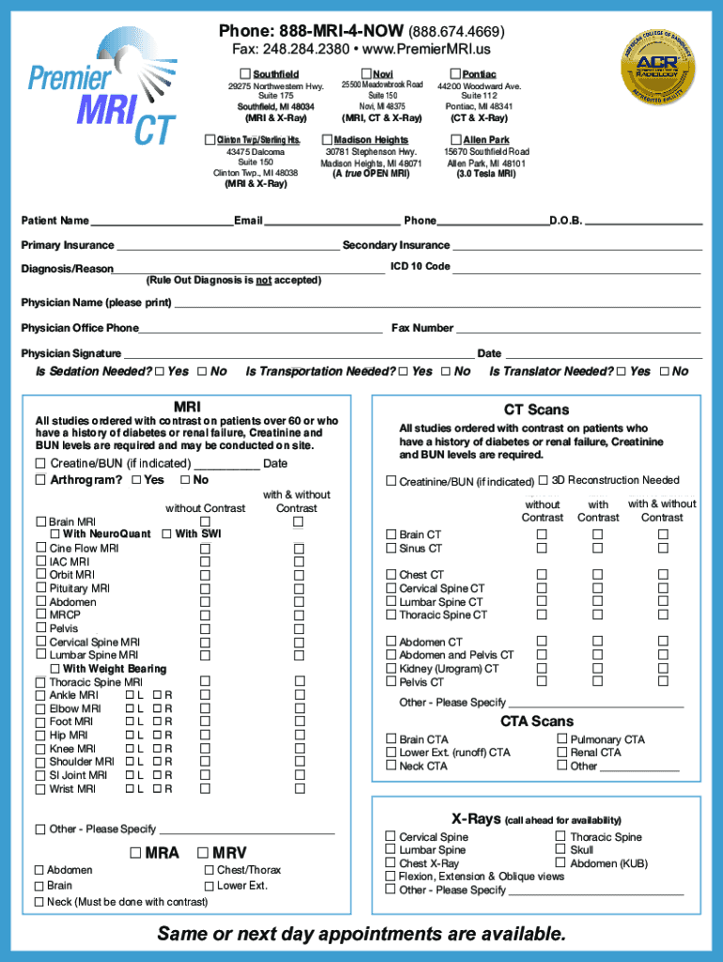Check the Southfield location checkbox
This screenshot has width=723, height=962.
click(245, 74)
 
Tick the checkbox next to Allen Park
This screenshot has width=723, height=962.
click(456, 140)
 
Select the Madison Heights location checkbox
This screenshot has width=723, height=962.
click(327, 140)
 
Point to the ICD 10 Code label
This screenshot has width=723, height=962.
click(420, 267)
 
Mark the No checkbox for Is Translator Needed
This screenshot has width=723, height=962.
click(665, 372)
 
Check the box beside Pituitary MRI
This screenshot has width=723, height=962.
click(40, 589)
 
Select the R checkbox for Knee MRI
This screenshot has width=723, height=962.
click(157, 750)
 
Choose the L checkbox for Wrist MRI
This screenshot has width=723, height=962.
click(130, 790)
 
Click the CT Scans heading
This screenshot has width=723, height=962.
click(536, 410)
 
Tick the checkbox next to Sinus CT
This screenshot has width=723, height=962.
click(392, 549)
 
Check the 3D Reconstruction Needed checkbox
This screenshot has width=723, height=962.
click(544, 481)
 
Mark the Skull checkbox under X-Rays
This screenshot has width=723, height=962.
click(561, 850)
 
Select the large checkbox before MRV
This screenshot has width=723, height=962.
click(203, 853)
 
